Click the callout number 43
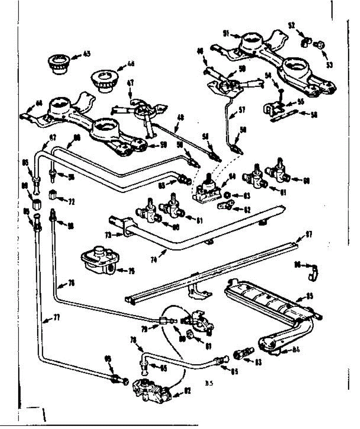86,54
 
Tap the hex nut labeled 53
320,45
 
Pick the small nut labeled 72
52,195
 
